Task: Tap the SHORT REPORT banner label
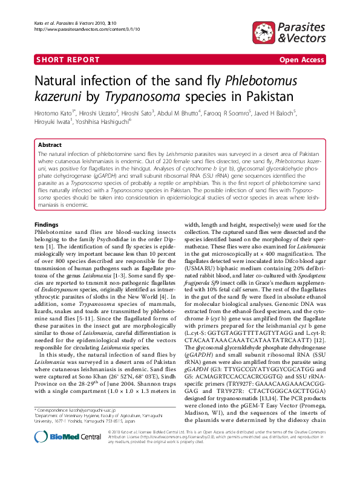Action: [68, 60]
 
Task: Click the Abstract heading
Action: [50, 146]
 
